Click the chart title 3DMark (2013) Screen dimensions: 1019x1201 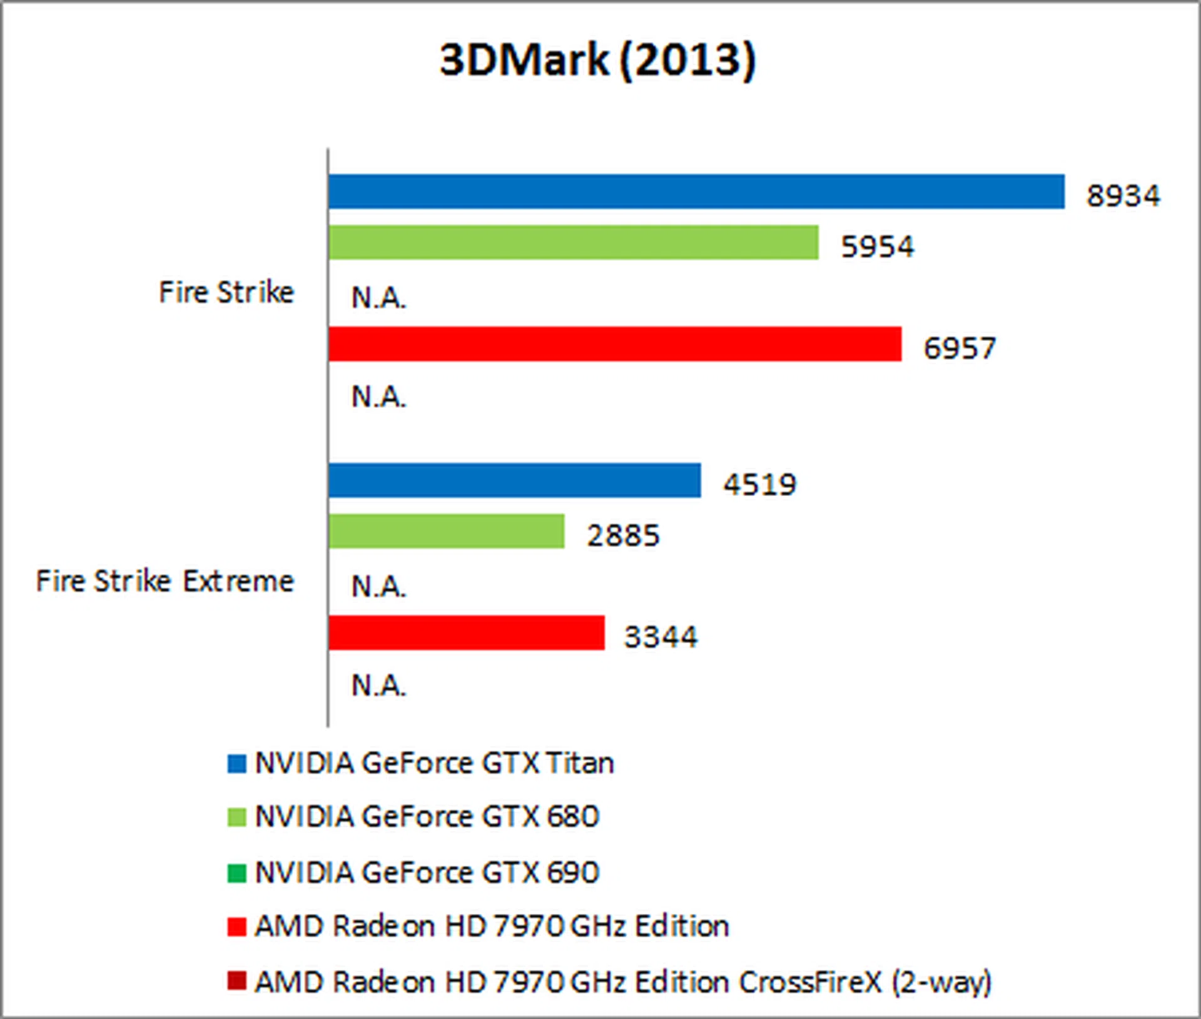[597, 61]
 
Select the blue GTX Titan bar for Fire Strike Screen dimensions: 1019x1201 [696, 191]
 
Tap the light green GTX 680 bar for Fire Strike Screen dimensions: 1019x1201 [573, 242]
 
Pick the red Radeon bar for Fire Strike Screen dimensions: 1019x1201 [614, 344]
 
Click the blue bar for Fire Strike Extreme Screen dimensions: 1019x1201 [514, 480]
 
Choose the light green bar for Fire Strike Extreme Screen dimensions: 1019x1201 [446, 531]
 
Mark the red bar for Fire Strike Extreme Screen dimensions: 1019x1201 [466, 633]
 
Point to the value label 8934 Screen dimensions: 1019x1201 [1123, 196]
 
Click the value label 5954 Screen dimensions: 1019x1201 [877, 246]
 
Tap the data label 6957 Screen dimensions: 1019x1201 [960, 348]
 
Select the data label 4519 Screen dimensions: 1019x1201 [759, 485]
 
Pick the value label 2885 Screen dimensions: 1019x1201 [623, 536]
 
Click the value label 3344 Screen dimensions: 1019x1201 [661, 637]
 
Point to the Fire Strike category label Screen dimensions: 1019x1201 [226, 292]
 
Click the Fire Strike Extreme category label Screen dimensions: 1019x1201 [165, 581]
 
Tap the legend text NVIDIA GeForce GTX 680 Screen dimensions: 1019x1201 [427, 817]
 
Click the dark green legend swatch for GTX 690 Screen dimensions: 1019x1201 [236, 873]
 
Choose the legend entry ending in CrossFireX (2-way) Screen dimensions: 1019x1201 [623, 982]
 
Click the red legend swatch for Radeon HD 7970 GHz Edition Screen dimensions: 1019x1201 [236, 926]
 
